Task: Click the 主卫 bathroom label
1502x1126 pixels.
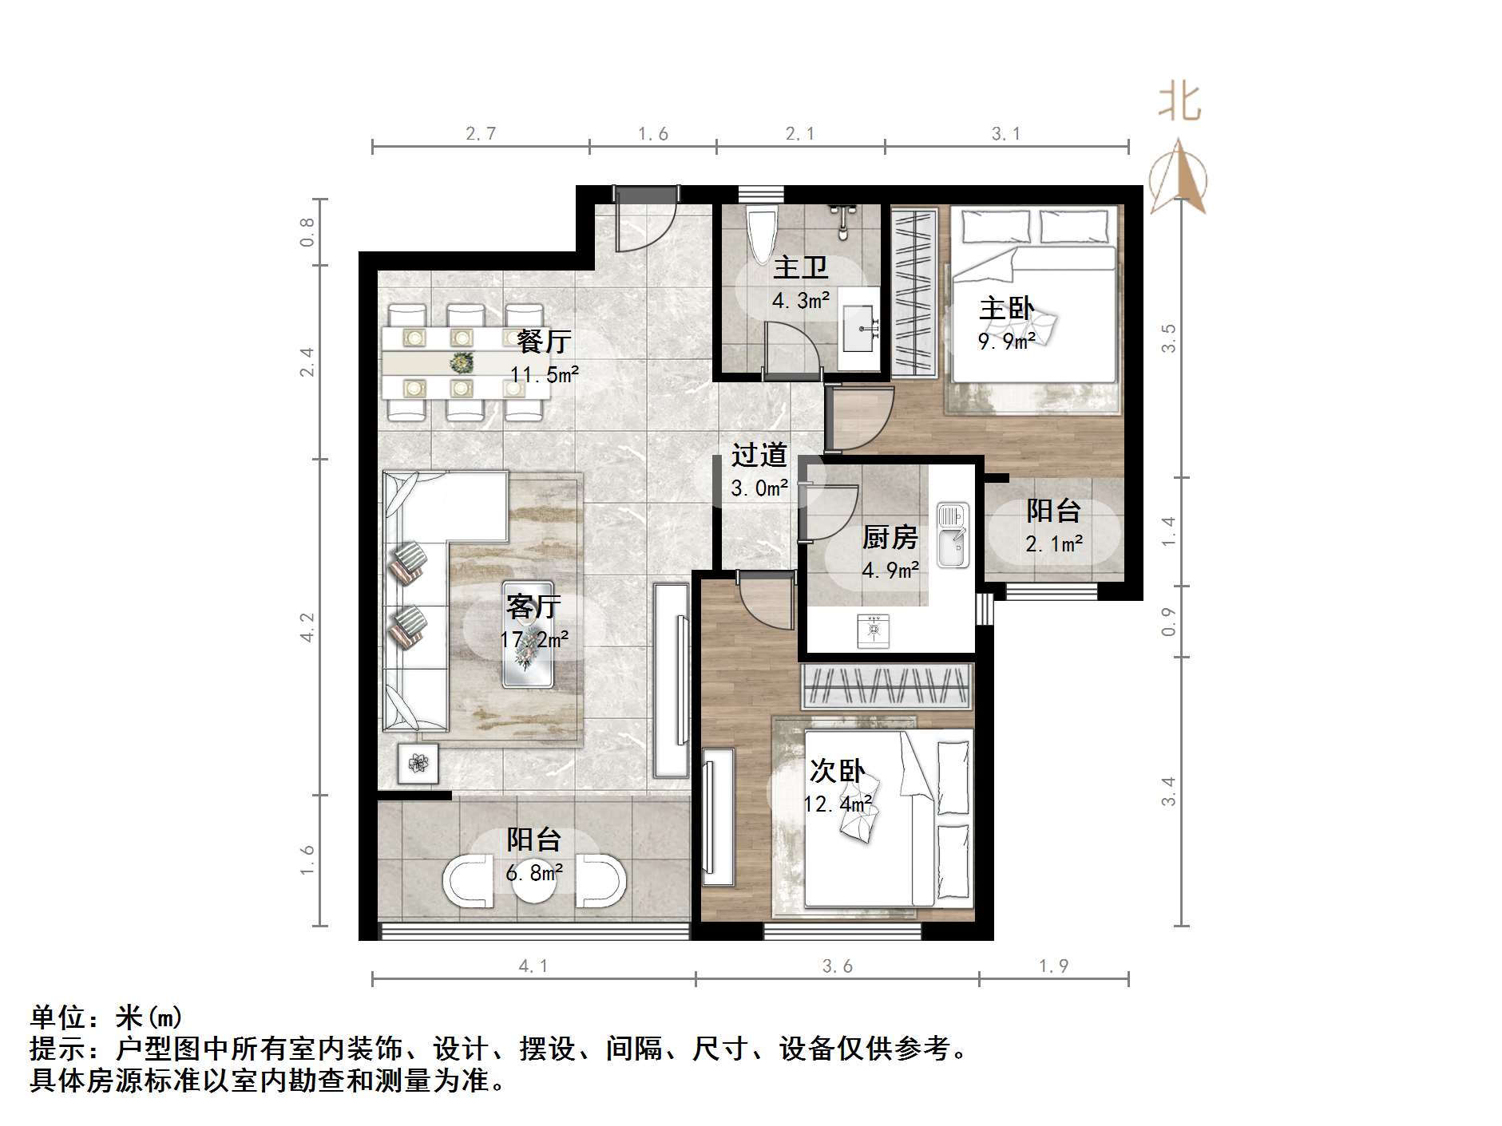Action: [x=800, y=267]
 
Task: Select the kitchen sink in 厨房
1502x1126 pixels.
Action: [x=952, y=535]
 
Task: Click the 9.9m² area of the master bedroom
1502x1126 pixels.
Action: [x=1006, y=342]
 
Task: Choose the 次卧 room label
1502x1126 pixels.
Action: [x=837, y=771]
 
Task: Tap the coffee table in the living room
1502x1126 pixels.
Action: [x=528, y=634]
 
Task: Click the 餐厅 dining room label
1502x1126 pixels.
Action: [x=544, y=342]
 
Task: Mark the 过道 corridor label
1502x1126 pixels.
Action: [x=759, y=455]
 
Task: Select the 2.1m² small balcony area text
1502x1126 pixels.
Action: [x=1054, y=544]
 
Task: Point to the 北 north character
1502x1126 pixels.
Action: [x=1179, y=103]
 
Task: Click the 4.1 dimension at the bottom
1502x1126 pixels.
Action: [x=533, y=966]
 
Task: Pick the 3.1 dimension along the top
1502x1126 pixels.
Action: [x=1006, y=134]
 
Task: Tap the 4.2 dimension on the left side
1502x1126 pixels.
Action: [x=307, y=627]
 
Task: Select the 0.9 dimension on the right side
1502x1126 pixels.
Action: [x=1168, y=622]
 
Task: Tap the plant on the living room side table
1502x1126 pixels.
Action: [x=418, y=764]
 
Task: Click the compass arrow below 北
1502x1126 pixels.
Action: [x=1179, y=177]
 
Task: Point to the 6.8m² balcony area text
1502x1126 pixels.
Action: [x=533, y=873]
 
